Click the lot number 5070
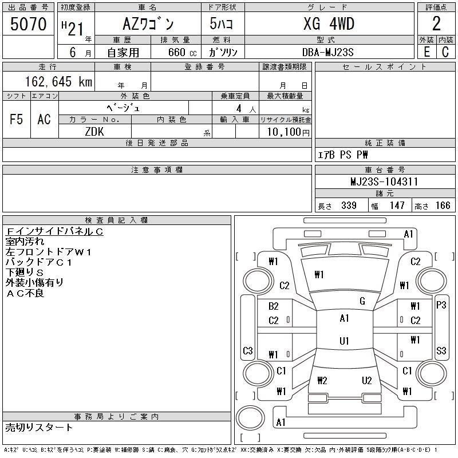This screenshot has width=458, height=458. pos(28,24)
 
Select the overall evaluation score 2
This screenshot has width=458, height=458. pos(436,25)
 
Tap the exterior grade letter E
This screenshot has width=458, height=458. pos(427,52)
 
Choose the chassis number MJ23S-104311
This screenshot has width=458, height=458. pos(384,182)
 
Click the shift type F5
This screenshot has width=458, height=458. pos(17,119)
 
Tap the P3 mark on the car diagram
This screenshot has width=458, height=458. pos(441,305)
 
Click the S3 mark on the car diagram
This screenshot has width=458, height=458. pos(441,350)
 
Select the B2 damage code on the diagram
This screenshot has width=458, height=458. pos(273,306)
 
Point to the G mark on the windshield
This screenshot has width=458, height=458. pos(362,301)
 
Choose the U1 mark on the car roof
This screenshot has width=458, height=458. pos(344,341)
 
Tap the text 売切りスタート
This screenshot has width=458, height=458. pos(40,427)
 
